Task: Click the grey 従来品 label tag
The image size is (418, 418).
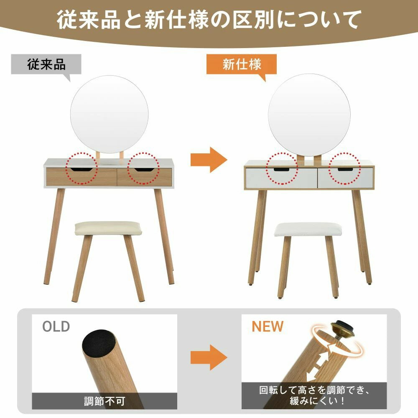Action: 46,64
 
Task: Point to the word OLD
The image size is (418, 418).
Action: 56,326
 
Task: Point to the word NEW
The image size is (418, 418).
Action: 267,326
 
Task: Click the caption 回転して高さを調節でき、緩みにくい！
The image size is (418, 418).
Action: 314,395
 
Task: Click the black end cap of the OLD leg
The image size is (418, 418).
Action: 98,343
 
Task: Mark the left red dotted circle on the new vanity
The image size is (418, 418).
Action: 283,169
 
